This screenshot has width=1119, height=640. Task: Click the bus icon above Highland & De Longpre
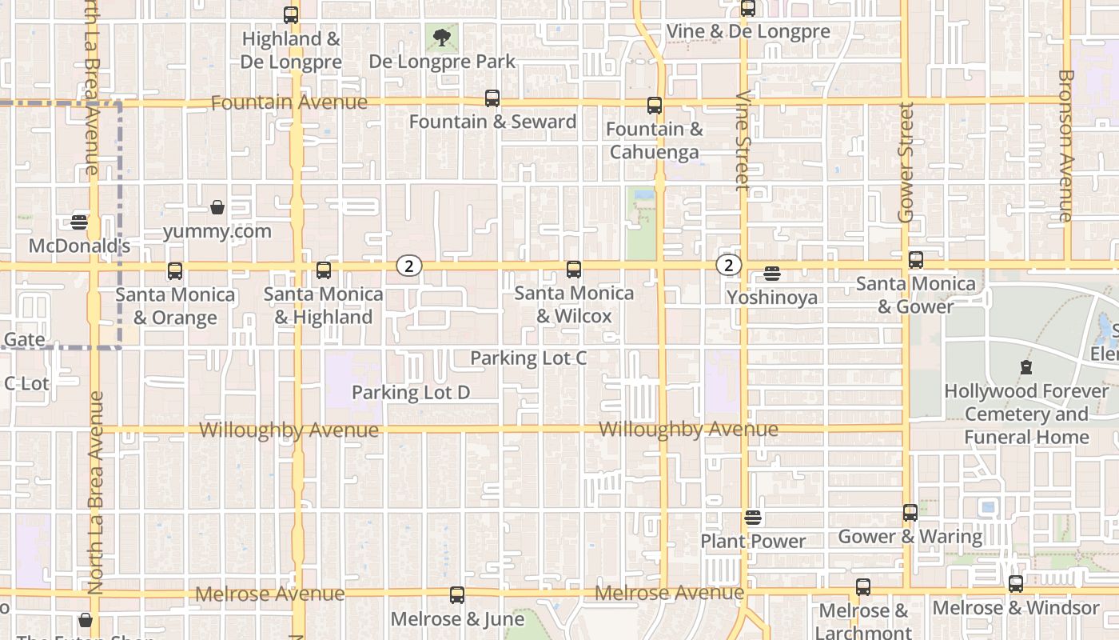coord(291,15)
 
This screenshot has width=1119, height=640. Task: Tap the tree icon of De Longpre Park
coord(441,37)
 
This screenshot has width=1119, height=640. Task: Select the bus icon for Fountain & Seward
coord(492,98)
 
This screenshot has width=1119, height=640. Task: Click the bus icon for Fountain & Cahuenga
coord(655,105)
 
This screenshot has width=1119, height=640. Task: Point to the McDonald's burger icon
coord(79,222)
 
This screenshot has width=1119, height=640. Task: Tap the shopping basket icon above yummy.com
coord(217,208)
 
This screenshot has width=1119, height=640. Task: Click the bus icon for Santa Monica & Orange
coord(175,270)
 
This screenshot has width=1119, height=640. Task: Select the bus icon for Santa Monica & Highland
coord(324,270)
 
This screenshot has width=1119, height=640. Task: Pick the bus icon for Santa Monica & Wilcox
coord(574,269)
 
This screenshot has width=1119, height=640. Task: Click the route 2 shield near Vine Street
coord(728,265)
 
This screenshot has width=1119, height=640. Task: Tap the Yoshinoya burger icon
coord(772,274)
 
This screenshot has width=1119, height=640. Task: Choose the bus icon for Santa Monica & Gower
coord(916,259)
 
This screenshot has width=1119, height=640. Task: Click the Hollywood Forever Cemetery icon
coord(1026,368)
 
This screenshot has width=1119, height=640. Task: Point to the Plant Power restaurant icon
coord(753,518)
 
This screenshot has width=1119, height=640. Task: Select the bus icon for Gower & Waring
coord(910,512)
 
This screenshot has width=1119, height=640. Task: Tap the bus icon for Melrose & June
coord(457,594)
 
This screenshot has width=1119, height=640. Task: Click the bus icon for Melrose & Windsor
coord(1016,583)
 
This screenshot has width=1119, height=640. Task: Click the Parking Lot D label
coord(411,393)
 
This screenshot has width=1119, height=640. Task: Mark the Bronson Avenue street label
coord(1065,146)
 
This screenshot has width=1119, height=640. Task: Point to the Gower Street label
coord(906,162)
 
